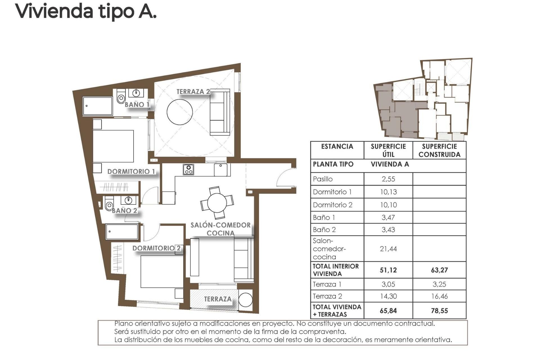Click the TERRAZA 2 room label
point(193,92)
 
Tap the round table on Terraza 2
point(180,111)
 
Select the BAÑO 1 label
point(137,105)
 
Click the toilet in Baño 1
point(121,97)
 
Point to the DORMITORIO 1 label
point(131,172)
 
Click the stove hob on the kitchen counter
point(188,170)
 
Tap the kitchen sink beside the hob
point(220,170)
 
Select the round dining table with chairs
point(217,203)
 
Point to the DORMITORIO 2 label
point(156,248)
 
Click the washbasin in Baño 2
point(129,200)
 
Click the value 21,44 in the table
point(388,249)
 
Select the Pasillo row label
point(323,179)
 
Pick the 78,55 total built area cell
point(439,311)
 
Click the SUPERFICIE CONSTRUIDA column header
point(439,150)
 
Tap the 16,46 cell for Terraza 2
point(439,296)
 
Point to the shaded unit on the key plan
point(399,112)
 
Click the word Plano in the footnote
point(123,324)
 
